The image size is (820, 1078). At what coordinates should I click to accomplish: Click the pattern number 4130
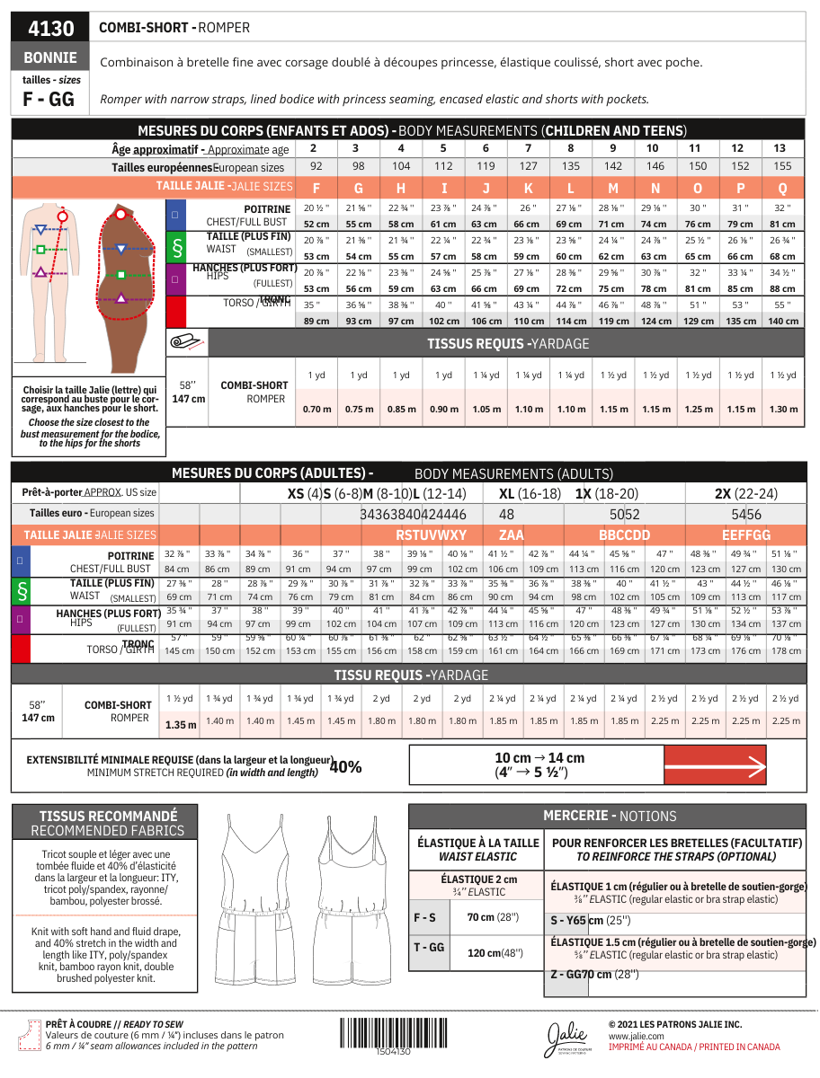pos(51,28)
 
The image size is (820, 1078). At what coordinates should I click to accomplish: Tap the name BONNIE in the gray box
pos(50,57)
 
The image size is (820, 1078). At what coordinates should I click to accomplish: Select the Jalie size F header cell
pos(316,188)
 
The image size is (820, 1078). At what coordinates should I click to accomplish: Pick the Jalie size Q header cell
pos(782,188)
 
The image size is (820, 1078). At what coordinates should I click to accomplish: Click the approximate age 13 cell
pos(779,148)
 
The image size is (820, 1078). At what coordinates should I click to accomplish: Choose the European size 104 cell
pos(401,167)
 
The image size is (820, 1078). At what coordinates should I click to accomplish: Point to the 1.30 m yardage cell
pos(783,409)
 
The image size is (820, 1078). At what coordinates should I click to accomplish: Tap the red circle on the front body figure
pos(62,216)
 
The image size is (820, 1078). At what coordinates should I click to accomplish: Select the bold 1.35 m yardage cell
pos(181,724)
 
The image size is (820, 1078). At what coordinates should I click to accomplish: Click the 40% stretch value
pos(346,766)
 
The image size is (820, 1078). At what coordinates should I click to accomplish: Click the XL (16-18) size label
pos(530,493)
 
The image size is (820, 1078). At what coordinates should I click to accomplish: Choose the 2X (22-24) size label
pos(745,493)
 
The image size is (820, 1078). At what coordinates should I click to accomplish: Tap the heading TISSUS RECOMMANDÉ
pos(108,816)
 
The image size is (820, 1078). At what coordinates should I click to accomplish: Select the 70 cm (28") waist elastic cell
pos(493,917)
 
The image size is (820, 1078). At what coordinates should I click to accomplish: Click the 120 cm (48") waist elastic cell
pos(495,952)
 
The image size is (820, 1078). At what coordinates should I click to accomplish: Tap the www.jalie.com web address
pos(637,1036)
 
